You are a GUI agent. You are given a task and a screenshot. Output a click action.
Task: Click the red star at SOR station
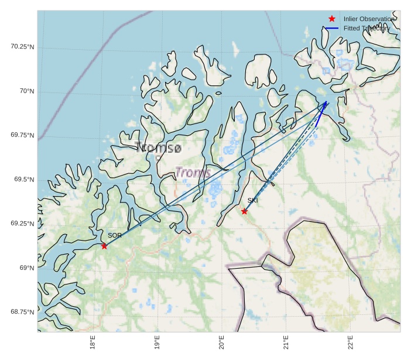pos(104,246)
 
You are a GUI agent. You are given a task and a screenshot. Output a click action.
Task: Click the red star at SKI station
pos(244,211)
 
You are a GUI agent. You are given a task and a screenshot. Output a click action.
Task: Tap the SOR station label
pos(115,235)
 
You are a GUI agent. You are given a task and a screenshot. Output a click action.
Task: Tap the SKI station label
pos(252,201)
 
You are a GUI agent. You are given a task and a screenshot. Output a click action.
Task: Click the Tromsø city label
pos(158,148)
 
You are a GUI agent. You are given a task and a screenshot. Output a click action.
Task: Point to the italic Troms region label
pos(193,173)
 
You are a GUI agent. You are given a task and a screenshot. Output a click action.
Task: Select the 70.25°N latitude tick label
pos(22,47)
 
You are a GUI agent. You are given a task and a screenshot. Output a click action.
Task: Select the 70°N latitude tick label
pos(27,91)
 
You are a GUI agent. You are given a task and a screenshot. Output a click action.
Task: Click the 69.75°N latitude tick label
pos(22,135)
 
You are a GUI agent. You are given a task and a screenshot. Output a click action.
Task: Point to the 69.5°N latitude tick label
pos(24,179)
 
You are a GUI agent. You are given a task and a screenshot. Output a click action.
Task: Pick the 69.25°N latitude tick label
pos(22,224)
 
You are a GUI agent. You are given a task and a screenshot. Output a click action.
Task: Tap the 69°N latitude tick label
pos(27,268)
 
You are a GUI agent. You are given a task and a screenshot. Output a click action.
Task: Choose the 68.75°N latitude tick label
pos(22,312)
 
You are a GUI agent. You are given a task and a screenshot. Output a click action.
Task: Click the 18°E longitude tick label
pos(93,343)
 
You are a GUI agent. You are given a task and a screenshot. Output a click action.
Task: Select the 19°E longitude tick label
pos(157,343)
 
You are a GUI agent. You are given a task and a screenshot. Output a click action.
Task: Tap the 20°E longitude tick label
pos(221,343)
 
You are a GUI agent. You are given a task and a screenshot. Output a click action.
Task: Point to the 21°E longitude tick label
pos(286,343)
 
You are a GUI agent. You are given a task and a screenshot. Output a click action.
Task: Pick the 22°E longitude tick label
pos(350,343)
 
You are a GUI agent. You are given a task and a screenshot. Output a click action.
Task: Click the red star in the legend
pos(332,19)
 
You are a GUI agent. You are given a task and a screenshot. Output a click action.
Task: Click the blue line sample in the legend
pos(332,28)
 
